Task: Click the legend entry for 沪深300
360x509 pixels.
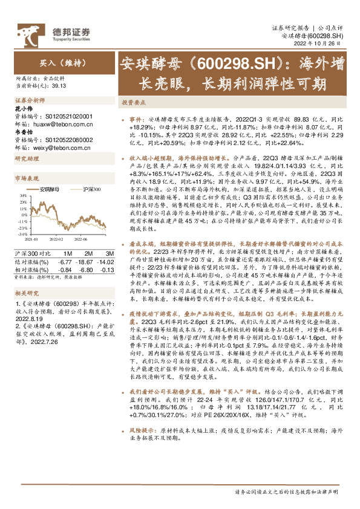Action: (x=93, y=190)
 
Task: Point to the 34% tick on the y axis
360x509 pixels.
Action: (x=23, y=195)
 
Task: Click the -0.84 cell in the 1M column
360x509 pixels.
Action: (x=63, y=269)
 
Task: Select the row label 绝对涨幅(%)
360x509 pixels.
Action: (x=30, y=261)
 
